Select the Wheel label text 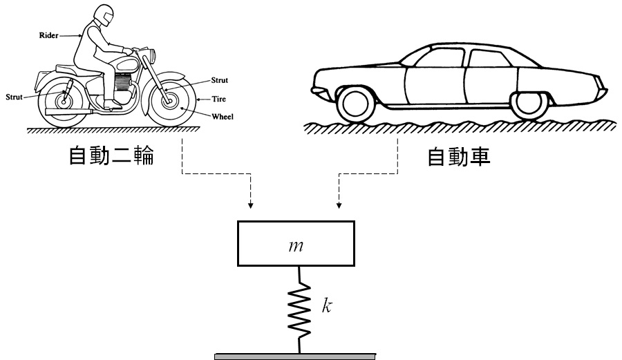(x=223, y=117)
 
